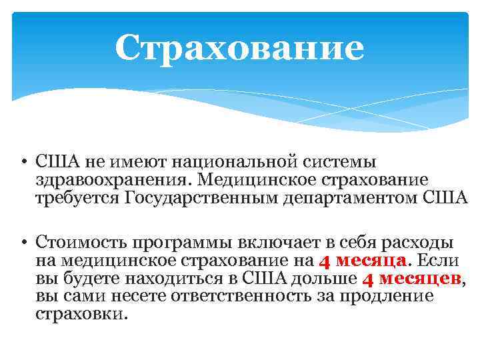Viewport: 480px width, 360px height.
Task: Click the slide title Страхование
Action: [239, 48]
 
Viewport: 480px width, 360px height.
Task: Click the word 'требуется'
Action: [77, 199]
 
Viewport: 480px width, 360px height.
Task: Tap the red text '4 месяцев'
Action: [412, 278]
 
